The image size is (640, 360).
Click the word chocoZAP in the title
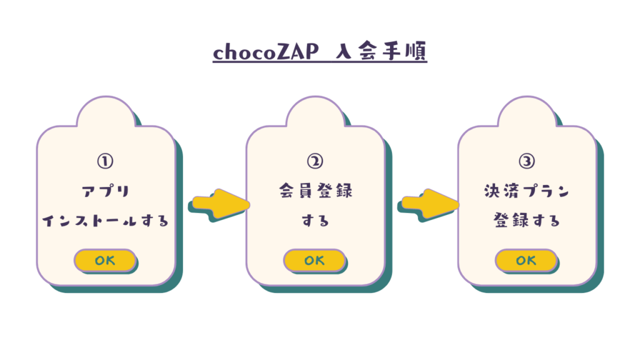click(x=266, y=52)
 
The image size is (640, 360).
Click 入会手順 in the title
click(x=381, y=51)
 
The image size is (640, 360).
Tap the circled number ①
click(x=105, y=161)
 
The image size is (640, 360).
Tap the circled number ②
click(x=315, y=161)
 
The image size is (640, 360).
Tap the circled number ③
click(x=526, y=161)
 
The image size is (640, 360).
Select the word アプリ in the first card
click(x=106, y=191)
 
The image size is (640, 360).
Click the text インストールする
click(x=105, y=221)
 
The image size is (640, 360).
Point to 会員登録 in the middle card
click(x=316, y=191)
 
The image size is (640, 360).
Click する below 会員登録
click(x=316, y=221)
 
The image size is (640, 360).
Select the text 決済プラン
click(x=526, y=191)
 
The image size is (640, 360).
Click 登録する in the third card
click(x=526, y=221)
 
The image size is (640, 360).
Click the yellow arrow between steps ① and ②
click(x=221, y=204)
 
